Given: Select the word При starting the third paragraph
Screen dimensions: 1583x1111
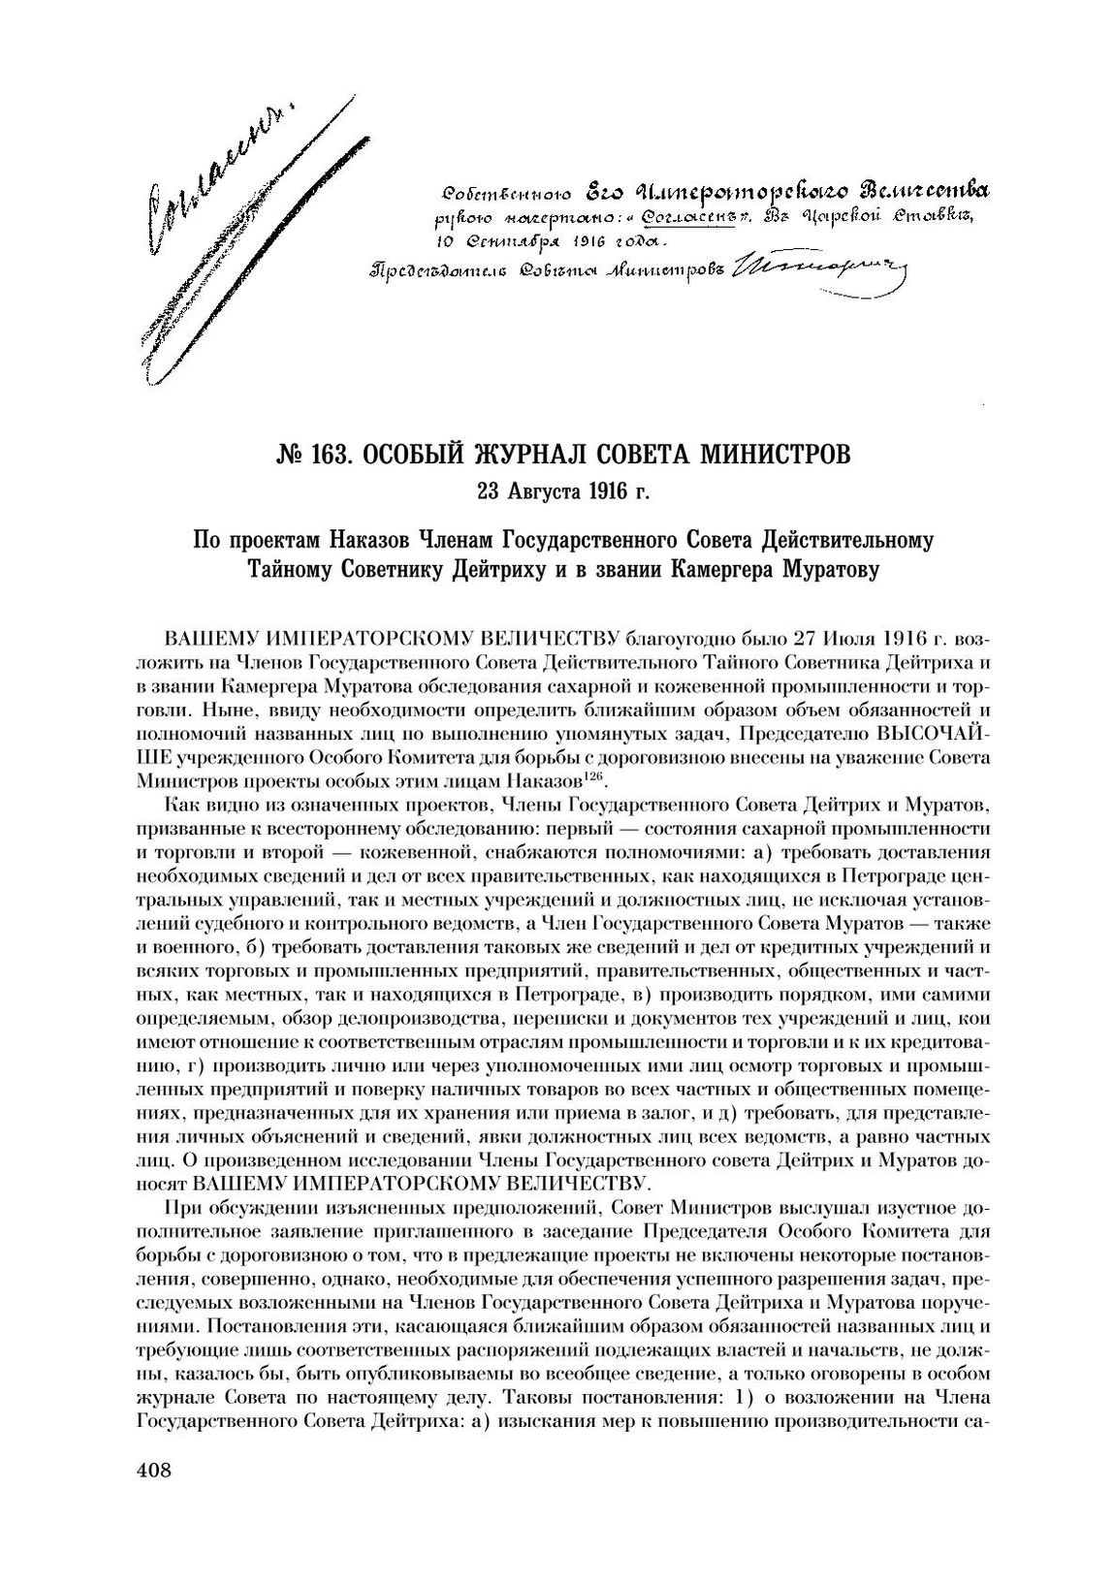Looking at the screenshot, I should click(183, 1208).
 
